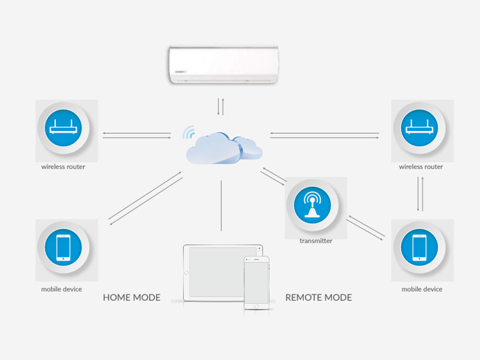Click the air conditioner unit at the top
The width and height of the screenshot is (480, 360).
(224, 64)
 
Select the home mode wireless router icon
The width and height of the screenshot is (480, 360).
(63, 129)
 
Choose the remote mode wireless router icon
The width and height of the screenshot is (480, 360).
(420, 129)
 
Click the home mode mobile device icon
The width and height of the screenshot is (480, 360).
(63, 248)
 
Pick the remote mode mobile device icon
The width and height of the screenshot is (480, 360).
(420, 248)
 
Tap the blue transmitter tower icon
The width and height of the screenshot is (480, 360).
(312, 205)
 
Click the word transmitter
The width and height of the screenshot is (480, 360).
(316, 241)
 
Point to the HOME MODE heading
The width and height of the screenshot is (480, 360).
(132, 298)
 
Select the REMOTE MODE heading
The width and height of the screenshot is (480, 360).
(318, 298)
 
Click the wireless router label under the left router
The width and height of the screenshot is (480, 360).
(63, 167)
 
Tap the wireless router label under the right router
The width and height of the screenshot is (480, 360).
(421, 167)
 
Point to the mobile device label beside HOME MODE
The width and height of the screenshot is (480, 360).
(61, 289)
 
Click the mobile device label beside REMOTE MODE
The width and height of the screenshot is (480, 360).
(422, 289)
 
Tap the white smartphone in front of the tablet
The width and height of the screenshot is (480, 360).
(256, 283)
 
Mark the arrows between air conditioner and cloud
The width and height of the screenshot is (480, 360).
(220, 107)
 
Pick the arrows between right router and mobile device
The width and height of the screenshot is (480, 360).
(420, 194)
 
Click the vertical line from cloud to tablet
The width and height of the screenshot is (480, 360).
(221, 205)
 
